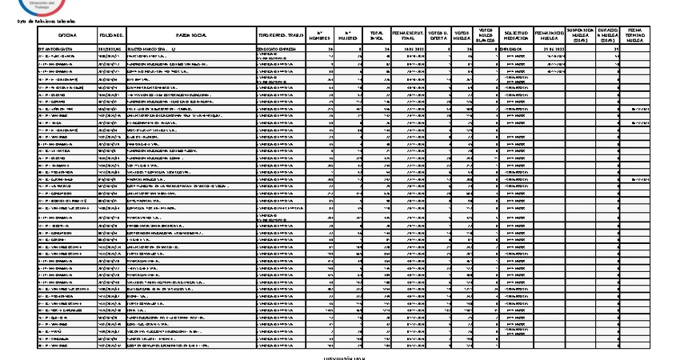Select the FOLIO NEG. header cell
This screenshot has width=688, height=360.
(x=111, y=36)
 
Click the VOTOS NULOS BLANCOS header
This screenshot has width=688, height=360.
(x=483, y=35)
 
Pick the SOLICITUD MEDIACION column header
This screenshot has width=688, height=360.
(x=515, y=36)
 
